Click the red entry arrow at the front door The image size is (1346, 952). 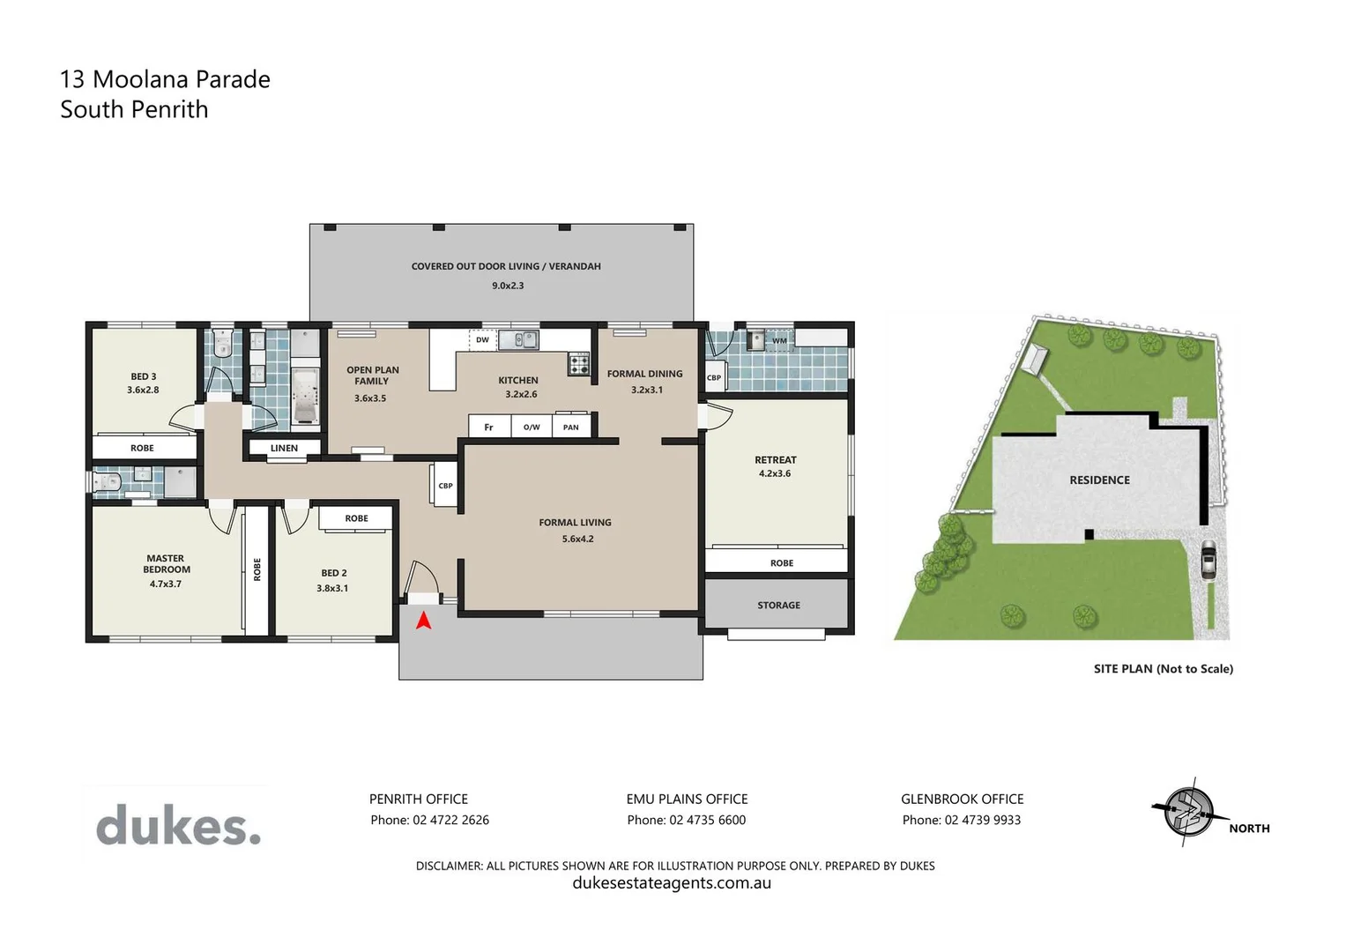point(423,621)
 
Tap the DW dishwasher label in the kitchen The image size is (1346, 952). point(482,340)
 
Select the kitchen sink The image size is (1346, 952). point(518,339)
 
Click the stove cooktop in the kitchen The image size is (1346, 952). point(578,363)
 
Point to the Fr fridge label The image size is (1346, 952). point(488,428)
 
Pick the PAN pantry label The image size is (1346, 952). point(571,428)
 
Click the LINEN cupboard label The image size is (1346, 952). point(284,448)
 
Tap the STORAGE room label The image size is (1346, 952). point(778,606)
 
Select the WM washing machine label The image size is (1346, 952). point(779,341)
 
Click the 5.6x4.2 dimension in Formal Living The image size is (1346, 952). point(577,539)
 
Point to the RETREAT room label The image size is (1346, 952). point(775,460)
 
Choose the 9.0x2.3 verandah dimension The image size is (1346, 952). point(508,286)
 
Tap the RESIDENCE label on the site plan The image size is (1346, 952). point(1099,480)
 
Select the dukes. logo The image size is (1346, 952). point(178,825)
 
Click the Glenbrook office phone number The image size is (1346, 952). point(982,820)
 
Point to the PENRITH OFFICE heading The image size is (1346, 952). point(418,799)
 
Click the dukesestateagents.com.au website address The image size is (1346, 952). point(672,883)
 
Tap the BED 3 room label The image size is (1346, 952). point(143,376)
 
